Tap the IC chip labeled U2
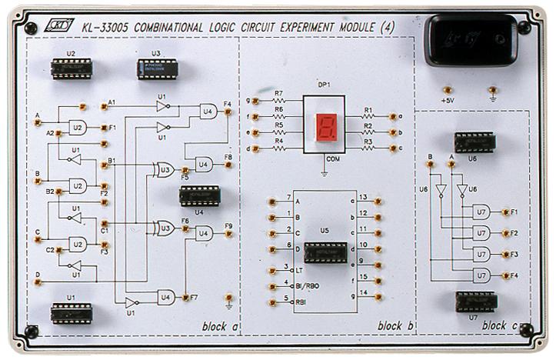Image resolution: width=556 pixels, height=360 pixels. point(72,69)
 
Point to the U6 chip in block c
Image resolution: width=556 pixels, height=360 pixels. point(474,142)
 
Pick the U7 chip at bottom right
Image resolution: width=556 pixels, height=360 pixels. point(476,302)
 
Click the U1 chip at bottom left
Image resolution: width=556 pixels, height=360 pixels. point(72,312)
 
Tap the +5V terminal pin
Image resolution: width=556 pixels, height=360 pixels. point(447,90)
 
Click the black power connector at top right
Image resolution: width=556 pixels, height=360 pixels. point(471,40)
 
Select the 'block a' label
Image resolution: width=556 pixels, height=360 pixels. point(220,326)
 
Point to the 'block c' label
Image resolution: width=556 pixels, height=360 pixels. point(501,326)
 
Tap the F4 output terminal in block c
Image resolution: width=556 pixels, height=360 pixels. point(504,275)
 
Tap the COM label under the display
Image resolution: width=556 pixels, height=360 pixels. point(332,158)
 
